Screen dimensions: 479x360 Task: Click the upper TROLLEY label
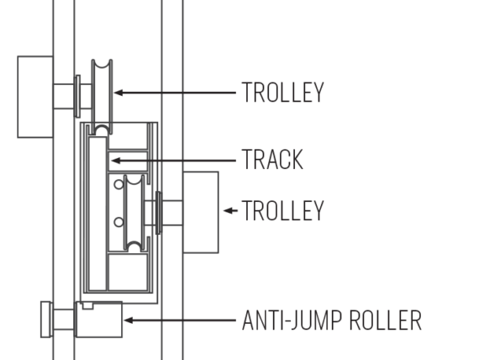(282, 92)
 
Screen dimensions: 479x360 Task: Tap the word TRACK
(272, 159)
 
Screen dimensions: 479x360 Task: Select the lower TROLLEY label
(282, 210)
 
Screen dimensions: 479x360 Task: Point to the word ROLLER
(386, 320)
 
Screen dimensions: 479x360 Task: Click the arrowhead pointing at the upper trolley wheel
(118, 93)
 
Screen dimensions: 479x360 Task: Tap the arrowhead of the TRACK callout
(116, 161)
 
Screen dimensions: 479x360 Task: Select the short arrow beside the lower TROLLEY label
(230, 210)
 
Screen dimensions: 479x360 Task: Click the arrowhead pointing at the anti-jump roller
(128, 320)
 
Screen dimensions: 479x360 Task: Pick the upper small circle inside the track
(118, 184)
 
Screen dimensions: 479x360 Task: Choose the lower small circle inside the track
(118, 222)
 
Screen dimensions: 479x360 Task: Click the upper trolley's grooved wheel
(102, 97)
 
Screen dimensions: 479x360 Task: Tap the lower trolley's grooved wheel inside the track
(134, 213)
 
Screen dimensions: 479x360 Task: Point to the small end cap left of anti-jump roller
(46, 320)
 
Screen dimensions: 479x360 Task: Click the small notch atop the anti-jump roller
(87, 305)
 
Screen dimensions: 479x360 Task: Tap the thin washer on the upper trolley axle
(77, 96)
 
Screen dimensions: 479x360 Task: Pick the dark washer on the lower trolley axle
(159, 213)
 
